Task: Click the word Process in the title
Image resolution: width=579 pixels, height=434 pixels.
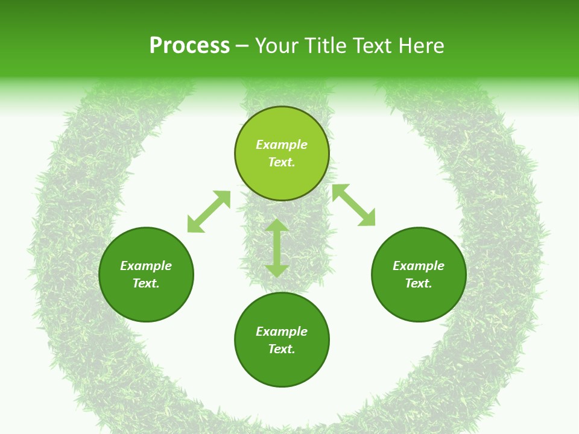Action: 189,46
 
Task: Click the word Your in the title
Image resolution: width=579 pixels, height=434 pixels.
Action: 275,46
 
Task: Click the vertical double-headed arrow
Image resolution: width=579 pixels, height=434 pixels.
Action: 277,248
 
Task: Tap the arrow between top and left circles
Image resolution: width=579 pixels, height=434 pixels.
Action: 209,212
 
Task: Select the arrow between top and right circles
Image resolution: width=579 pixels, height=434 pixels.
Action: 353,205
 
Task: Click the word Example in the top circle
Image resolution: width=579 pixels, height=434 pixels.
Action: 282,145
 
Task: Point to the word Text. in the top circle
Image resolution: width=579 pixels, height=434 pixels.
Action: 282,162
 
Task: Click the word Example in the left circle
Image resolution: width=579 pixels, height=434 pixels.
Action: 146,266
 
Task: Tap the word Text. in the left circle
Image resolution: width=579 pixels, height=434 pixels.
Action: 146,283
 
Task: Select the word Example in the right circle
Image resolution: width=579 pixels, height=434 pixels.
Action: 419,266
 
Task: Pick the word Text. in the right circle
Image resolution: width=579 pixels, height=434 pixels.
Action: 419,283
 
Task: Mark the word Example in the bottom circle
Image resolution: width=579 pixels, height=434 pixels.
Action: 282,332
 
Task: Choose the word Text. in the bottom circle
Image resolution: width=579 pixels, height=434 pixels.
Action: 282,349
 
